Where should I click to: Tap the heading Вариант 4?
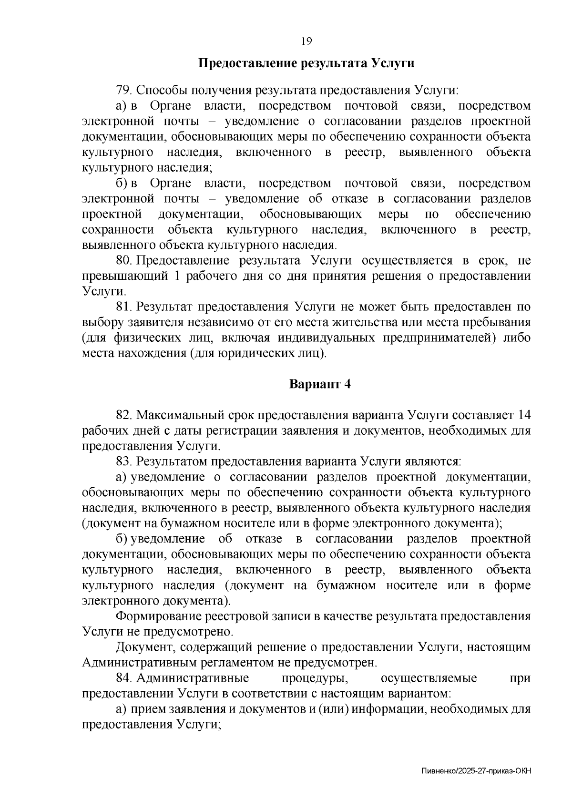320,384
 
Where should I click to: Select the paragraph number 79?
123,90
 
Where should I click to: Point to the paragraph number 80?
123,261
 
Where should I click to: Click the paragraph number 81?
123,307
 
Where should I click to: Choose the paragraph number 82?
123,415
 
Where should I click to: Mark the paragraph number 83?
123,461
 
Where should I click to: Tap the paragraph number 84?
123,678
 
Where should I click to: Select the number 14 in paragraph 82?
523,415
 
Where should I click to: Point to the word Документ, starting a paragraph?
145,647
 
